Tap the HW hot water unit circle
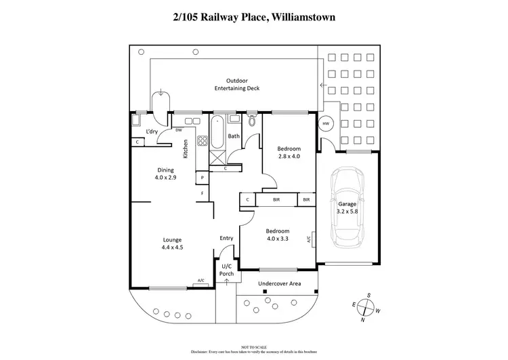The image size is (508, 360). tap(326, 124)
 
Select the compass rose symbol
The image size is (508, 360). tap(364, 308)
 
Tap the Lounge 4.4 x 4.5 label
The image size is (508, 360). tap(173, 243)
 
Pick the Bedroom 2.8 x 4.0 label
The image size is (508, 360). tap(289, 152)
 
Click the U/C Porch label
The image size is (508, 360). tap(226, 270)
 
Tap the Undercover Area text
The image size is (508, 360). tap(278, 283)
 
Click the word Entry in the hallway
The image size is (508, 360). tap(226, 238)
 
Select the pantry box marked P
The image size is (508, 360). tap(202, 178)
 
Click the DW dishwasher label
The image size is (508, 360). tap(179, 130)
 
